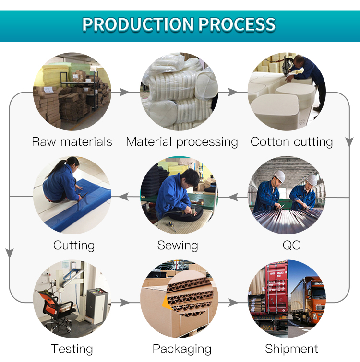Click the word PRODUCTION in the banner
tap(138, 24)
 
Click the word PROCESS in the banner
tap(237, 24)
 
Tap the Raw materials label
tap(72, 142)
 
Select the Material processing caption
tap(182, 142)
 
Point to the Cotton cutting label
tap(292, 142)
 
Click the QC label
tap(292, 245)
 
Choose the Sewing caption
tap(178, 245)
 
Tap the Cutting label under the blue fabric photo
tap(74, 245)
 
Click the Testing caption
tap(72, 349)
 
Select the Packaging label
tap(182, 349)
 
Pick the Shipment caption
tap(292, 349)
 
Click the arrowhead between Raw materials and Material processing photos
tap(124, 92)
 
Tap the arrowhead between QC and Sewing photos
tap(233, 197)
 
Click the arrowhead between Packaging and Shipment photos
tap(233, 303)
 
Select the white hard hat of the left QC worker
tap(279, 176)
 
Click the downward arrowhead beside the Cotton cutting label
tap(349, 142)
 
